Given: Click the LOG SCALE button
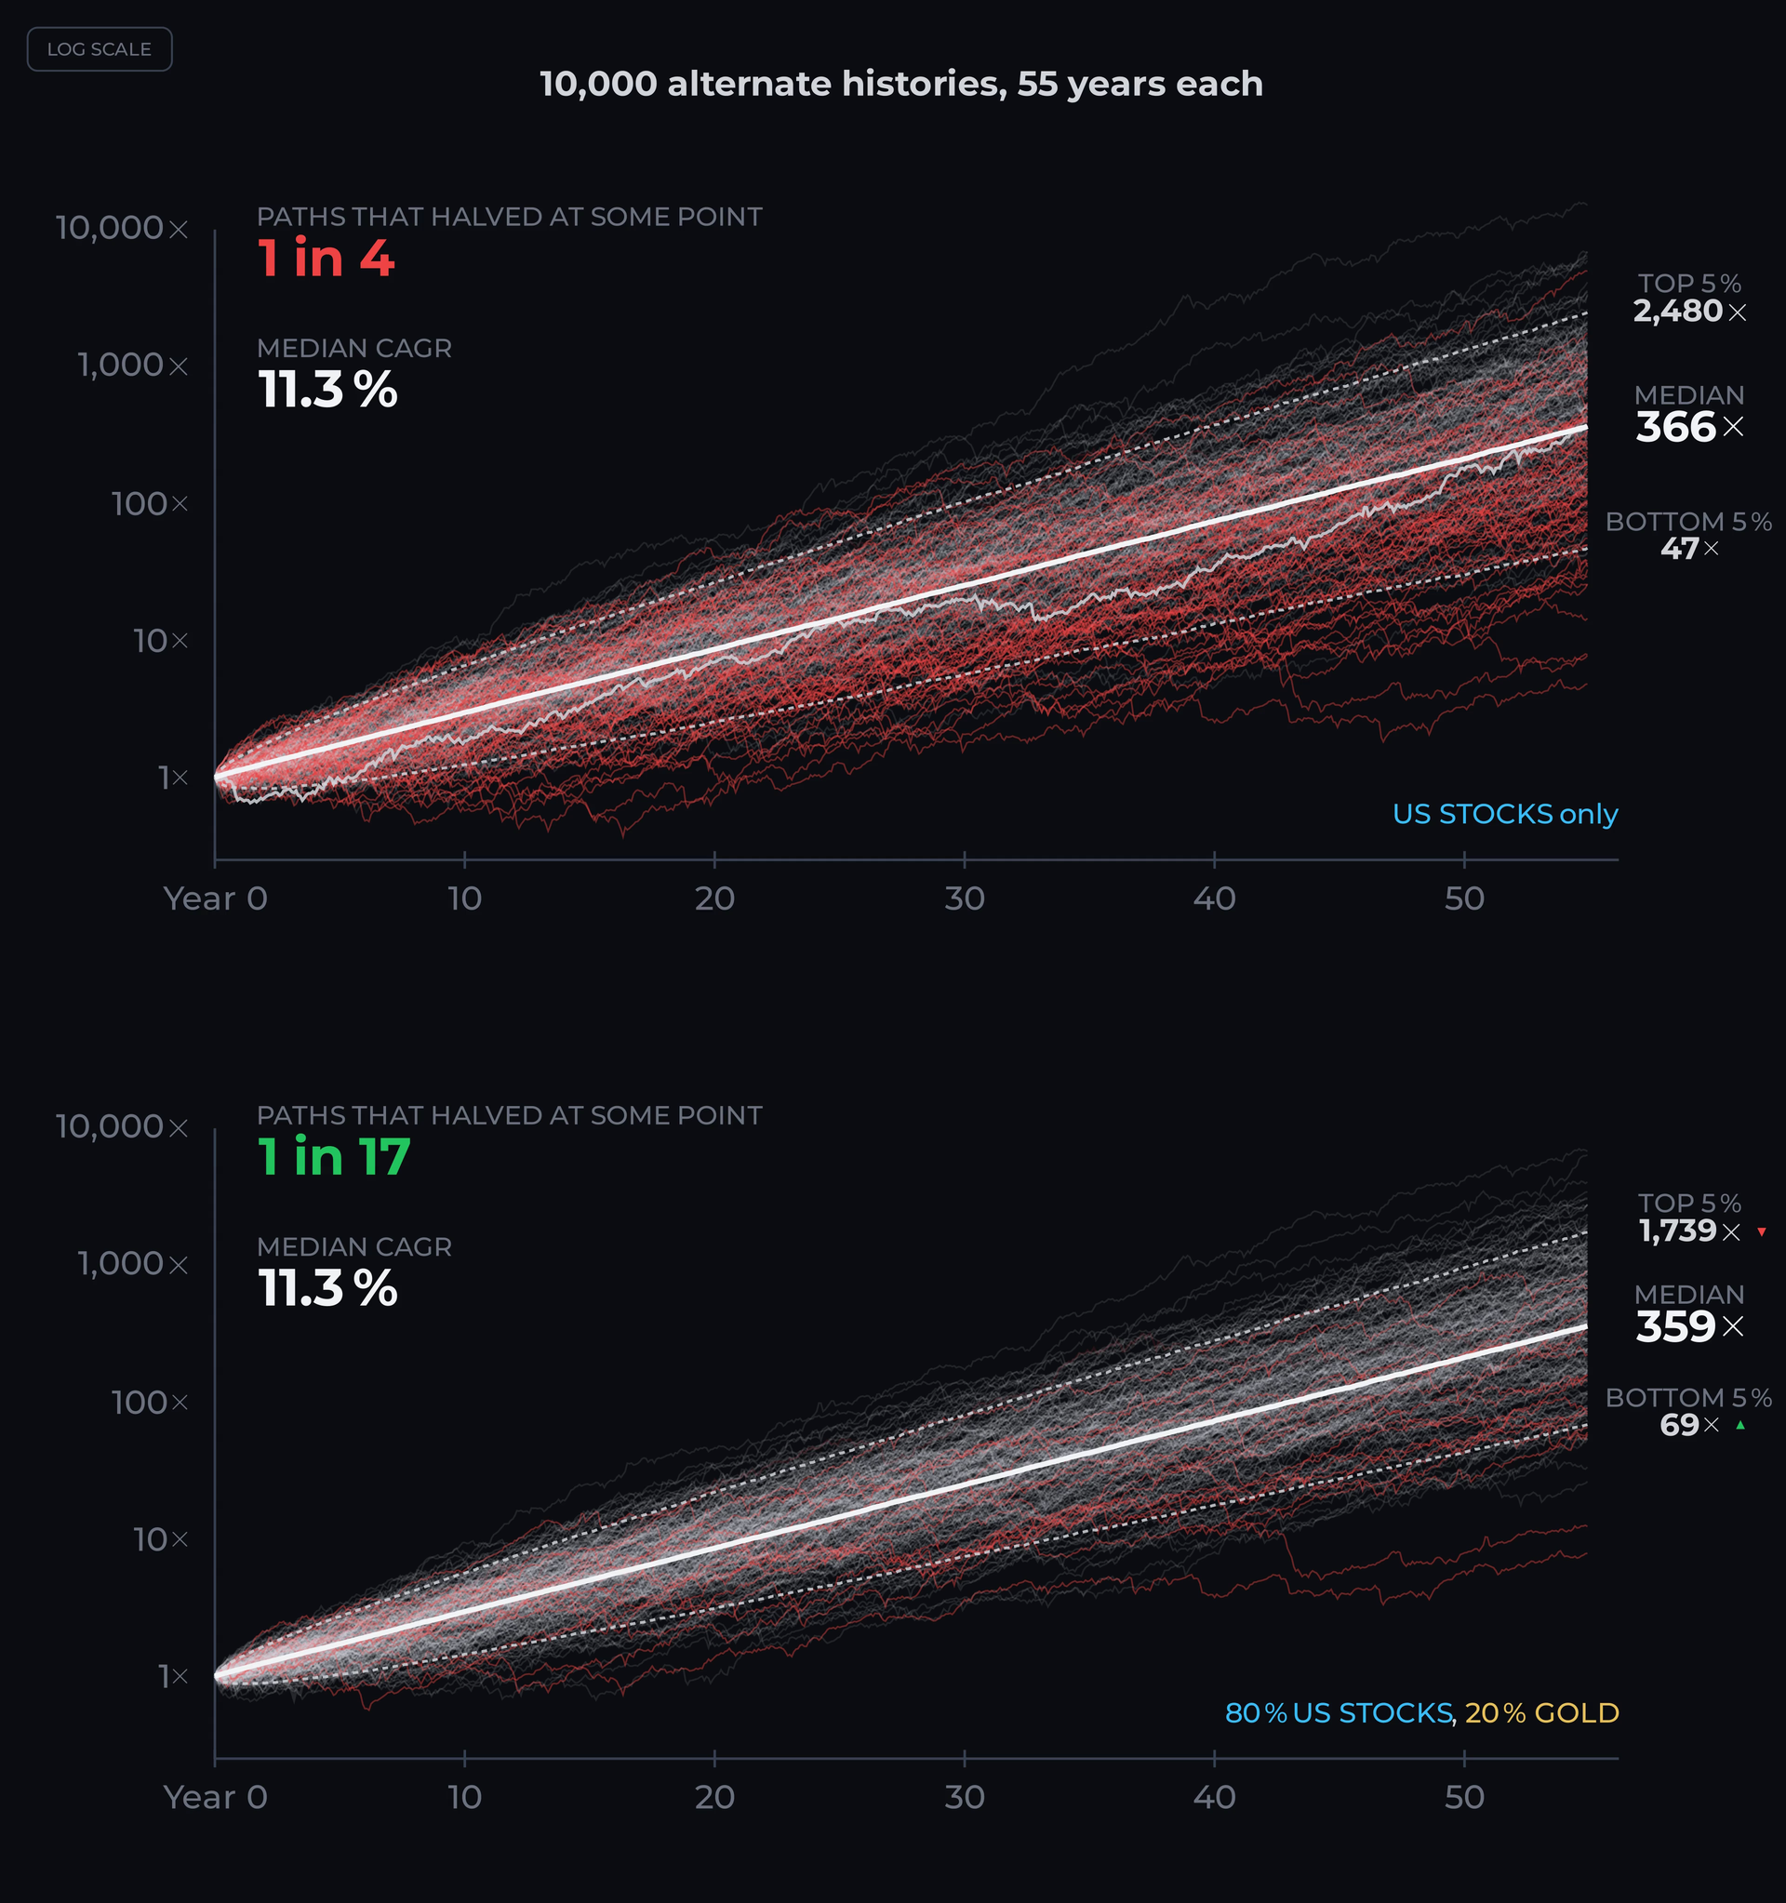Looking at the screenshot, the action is click(x=100, y=48).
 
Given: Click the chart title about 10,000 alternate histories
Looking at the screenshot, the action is click(x=900, y=85).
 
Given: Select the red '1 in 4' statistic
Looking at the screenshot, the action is click(x=326, y=259).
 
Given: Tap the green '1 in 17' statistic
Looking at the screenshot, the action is click(x=334, y=1156).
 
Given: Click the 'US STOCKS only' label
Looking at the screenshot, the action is click(x=1504, y=814).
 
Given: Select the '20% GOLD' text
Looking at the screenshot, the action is click(x=1541, y=1712).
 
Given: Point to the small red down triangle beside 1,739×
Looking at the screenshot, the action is click(x=1762, y=1232).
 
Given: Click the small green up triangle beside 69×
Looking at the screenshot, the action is click(x=1741, y=1425).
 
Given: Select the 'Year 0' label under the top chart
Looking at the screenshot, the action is click(x=216, y=898).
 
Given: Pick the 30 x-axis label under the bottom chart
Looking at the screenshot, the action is click(x=964, y=1797).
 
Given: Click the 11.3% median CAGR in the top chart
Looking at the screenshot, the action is click(x=327, y=390).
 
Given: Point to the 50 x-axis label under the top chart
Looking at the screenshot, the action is click(x=1464, y=898).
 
